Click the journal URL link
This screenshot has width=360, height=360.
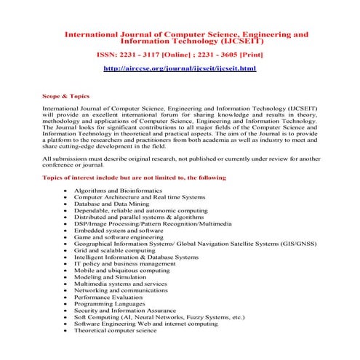click(180, 68)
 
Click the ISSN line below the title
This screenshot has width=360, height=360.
click(180, 55)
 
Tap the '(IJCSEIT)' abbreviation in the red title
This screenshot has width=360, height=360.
click(236, 41)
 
